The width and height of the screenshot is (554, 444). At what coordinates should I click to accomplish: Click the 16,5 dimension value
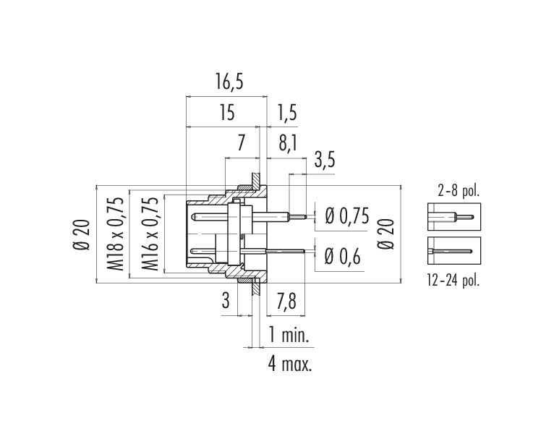click(x=229, y=82)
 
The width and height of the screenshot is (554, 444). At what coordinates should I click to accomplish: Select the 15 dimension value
click(x=226, y=113)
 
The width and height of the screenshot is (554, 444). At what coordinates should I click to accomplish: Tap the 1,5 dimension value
click(x=286, y=113)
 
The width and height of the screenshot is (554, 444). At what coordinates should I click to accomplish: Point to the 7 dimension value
click(x=241, y=143)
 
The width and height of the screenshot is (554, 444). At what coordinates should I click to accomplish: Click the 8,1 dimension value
click(x=287, y=144)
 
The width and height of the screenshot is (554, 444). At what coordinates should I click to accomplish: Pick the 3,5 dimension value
click(x=324, y=161)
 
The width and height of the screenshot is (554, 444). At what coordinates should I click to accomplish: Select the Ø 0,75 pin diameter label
click(x=346, y=216)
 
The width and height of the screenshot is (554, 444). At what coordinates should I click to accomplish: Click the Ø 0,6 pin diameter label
click(x=342, y=256)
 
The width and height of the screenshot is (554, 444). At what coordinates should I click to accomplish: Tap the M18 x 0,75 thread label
click(x=116, y=234)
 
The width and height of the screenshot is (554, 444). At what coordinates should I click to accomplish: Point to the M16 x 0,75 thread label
click(x=150, y=234)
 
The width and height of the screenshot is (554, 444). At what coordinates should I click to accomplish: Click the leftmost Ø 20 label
click(x=82, y=234)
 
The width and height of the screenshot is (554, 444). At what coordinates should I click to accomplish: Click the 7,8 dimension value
click(x=286, y=302)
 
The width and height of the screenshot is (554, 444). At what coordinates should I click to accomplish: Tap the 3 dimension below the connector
click(x=226, y=301)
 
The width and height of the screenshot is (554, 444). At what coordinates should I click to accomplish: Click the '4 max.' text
click(x=290, y=364)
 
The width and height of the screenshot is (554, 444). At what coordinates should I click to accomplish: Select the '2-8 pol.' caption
click(x=459, y=191)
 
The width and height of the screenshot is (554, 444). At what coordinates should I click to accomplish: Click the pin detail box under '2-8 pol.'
click(x=454, y=217)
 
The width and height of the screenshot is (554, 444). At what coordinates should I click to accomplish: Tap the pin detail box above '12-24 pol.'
click(x=454, y=250)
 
